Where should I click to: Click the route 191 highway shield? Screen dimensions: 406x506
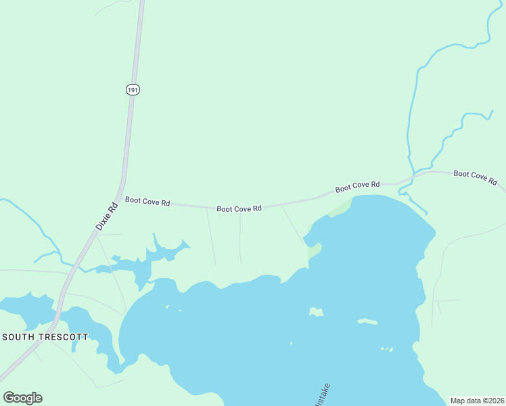tap(133, 89)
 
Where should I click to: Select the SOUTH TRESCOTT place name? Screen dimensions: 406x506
tap(45, 336)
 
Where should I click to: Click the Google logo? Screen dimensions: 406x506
tap(22, 398)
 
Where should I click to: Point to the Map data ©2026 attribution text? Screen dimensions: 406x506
tap(477, 401)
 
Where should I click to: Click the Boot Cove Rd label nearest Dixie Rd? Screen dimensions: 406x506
tap(147, 202)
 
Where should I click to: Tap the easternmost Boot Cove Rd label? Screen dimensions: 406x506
tap(475, 177)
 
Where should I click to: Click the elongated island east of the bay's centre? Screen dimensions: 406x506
tap(367, 321)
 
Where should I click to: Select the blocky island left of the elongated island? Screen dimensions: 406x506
tap(316, 312)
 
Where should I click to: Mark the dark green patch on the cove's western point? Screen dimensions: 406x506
tap(314, 251)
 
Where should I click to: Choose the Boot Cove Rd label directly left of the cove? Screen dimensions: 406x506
tap(239, 209)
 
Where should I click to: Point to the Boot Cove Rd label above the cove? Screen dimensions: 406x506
tap(357, 186)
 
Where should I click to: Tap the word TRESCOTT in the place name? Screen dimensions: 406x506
tap(64, 336)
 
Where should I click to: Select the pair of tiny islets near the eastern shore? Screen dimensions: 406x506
tap(386, 349)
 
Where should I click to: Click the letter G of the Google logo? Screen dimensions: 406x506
tap(9, 397)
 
